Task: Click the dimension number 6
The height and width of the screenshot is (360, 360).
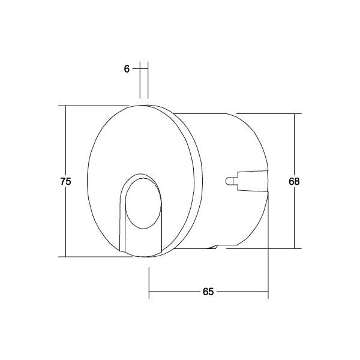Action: pyautogui.click(x=127, y=69)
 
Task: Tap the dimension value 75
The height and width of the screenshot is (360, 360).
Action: pyautogui.click(x=66, y=181)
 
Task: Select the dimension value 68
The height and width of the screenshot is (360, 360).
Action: pyautogui.click(x=294, y=181)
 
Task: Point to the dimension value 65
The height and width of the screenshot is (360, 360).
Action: pyautogui.click(x=208, y=292)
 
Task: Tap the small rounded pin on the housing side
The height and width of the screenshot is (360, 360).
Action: pyautogui.click(x=230, y=181)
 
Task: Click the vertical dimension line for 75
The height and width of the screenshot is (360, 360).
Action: pyautogui.click(x=66, y=144)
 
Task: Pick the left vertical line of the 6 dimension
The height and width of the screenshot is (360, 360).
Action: pyautogui.click(x=140, y=81)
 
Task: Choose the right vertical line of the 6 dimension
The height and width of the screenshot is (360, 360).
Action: pyautogui.click(x=147, y=81)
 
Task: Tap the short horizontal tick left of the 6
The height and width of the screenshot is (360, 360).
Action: pyautogui.click(x=136, y=69)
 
